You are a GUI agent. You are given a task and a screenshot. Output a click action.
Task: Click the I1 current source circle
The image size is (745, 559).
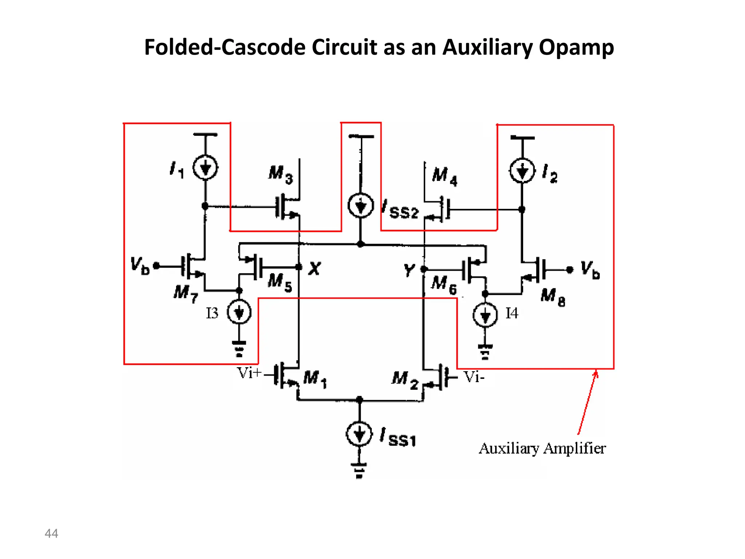(x=206, y=168)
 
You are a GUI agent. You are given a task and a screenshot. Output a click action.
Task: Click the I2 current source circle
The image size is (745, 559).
(x=522, y=171)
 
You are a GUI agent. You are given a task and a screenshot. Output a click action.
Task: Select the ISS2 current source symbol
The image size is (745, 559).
(x=360, y=206)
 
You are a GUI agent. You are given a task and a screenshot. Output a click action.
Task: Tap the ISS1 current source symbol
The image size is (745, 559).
(x=359, y=434)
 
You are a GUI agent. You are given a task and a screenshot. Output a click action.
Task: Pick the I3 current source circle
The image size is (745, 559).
(x=239, y=312)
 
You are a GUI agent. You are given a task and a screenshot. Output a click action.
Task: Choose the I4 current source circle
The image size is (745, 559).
(x=485, y=315)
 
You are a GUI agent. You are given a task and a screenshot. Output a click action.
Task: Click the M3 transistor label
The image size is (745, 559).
(x=280, y=174)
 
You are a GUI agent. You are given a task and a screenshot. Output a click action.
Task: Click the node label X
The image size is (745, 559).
(x=314, y=269)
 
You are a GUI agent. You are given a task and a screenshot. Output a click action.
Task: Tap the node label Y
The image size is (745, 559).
(x=409, y=270)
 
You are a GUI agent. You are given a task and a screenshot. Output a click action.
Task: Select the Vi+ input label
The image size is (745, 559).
(x=249, y=373)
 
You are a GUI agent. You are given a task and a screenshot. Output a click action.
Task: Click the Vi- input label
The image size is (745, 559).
(x=474, y=377)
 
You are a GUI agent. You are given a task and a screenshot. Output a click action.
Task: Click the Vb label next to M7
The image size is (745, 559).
(x=140, y=265)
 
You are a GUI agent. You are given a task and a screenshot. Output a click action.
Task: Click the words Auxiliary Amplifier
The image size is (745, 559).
(x=542, y=448)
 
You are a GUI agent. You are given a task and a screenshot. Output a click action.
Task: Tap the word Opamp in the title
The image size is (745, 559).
(x=576, y=47)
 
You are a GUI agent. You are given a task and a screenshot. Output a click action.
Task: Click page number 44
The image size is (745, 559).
(x=51, y=533)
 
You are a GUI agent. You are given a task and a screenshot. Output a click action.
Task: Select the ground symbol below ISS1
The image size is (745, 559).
(x=359, y=470)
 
